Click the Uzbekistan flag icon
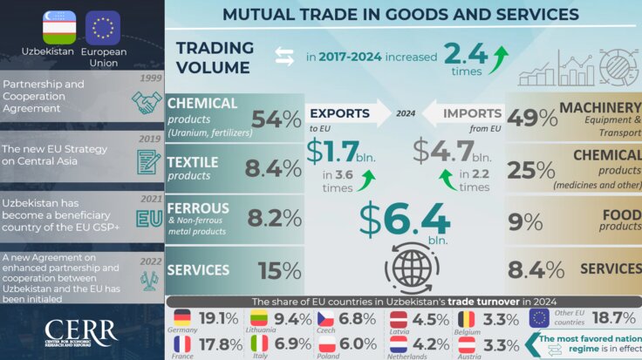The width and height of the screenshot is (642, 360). [60, 28]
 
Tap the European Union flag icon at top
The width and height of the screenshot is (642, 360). [103, 28]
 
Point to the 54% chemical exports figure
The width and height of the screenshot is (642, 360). [276, 119]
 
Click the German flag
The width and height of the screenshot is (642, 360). [182, 317]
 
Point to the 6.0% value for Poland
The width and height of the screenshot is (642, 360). [358, 343]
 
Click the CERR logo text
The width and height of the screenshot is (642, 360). [80, 330]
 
